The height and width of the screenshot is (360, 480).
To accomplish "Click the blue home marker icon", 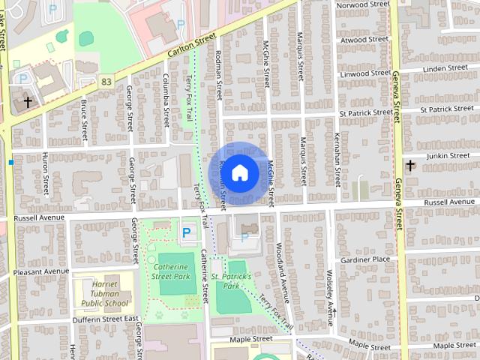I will [x=239, y=172].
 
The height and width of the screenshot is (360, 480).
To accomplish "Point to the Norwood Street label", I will [x=364, y=4].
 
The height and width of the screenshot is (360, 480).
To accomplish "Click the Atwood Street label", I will [x=364, y=40].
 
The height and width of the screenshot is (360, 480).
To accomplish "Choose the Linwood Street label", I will [x=365, y=74].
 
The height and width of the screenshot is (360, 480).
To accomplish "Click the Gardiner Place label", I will [x=365, y=259].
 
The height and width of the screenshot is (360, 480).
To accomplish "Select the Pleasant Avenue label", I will [x=40, y=271].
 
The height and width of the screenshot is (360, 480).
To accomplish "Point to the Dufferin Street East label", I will [x=105, y=319].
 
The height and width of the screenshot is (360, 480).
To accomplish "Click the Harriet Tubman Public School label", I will [x=105, y=294].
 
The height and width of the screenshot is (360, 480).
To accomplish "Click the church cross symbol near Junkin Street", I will [x=410, y=164].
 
